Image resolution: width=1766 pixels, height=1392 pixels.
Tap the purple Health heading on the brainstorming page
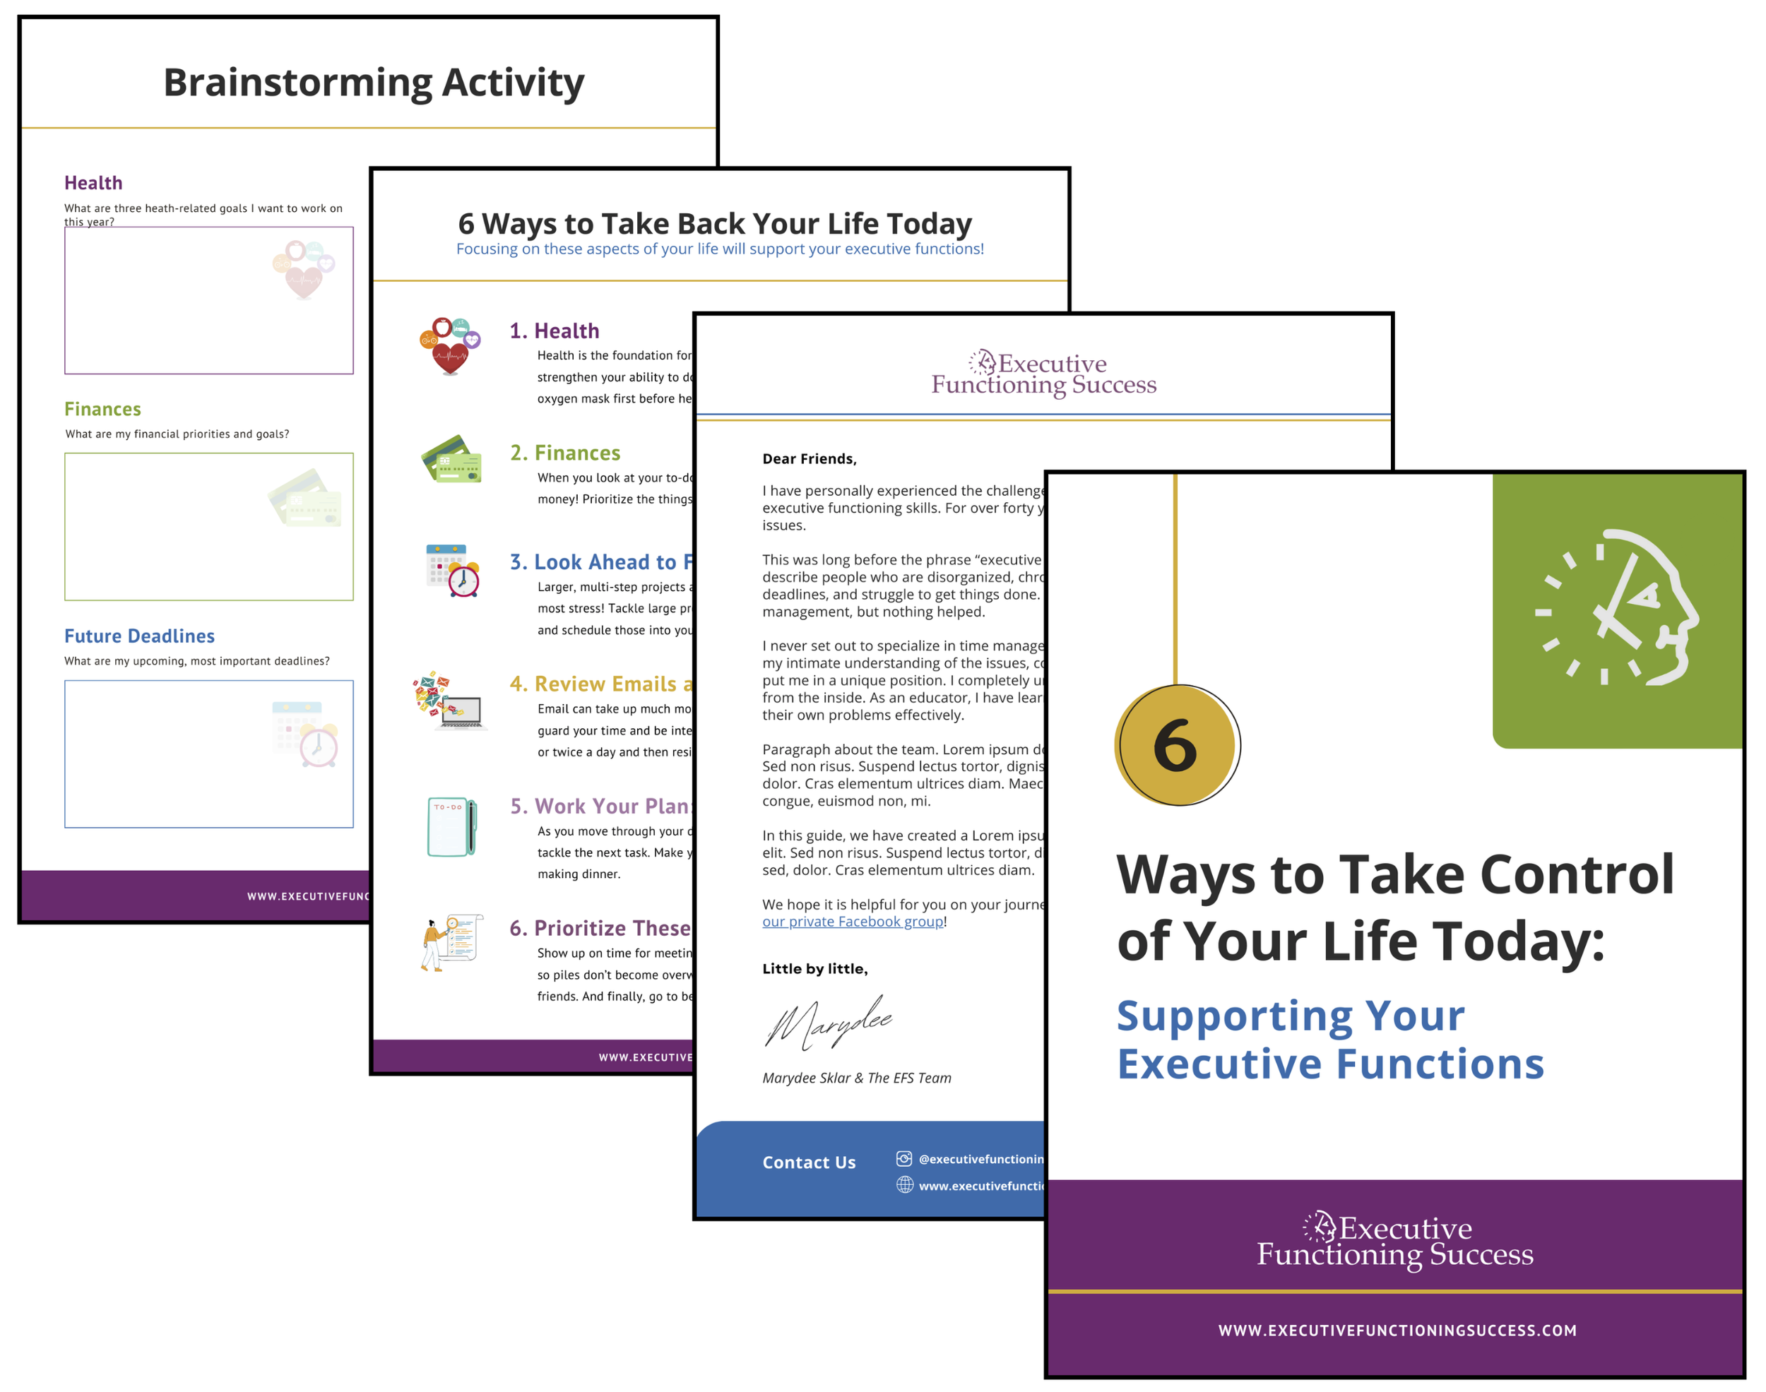(94, 184)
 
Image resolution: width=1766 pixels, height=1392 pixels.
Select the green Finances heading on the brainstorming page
(102, 409)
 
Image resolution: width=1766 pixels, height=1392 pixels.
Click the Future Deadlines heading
(139, 636)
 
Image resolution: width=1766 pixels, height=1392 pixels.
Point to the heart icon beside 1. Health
(450, 345)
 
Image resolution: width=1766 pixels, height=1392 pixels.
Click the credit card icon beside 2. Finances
(451, 460)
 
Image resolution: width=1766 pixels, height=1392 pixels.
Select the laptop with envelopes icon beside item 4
(450, 700)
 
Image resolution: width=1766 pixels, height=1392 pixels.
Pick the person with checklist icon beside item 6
(451, 943)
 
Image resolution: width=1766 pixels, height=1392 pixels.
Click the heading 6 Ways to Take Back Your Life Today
(714, 223)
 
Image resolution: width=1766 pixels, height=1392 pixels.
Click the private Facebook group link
(853, 922)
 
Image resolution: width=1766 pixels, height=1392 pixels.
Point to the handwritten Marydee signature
(827, 1022)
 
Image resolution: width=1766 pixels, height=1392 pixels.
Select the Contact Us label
(808, 1162)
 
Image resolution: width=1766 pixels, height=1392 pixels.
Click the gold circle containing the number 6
(1176, 745)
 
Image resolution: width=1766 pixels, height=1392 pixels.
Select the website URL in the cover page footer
(1397, 1331)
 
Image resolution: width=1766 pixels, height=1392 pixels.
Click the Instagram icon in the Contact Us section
(903, 1159)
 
